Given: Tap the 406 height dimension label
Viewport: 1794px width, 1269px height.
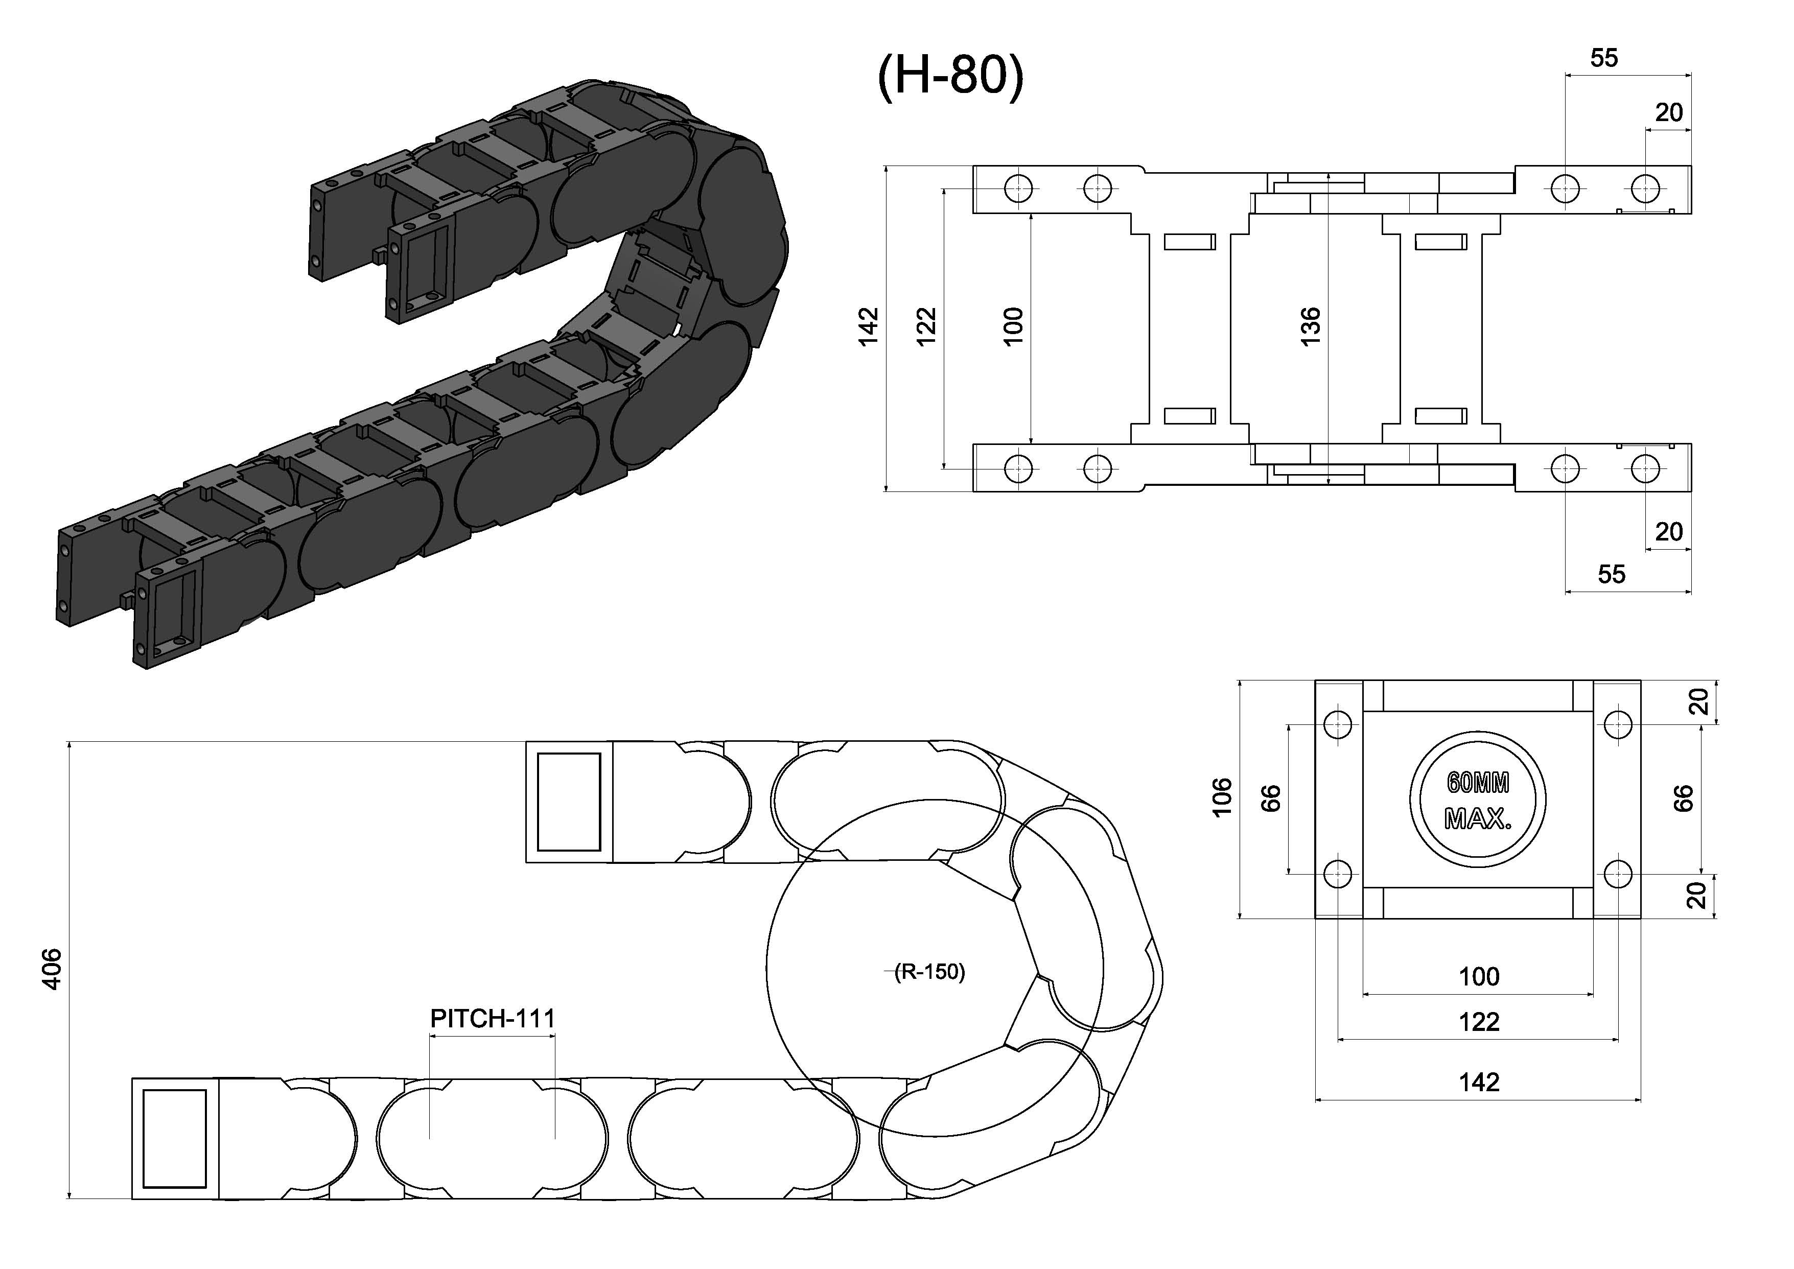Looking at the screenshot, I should point(52,969).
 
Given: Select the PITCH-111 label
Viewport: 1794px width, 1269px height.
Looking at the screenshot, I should point(492,1019).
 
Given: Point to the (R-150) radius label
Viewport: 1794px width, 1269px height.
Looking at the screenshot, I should point(930,972).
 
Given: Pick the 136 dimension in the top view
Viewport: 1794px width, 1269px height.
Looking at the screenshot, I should point(1310,326).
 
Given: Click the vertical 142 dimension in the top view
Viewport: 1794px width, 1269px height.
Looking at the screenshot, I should point(868,326).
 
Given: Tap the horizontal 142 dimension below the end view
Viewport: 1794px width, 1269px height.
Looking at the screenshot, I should point(1479,1082).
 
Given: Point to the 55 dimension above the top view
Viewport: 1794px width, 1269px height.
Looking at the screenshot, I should point(1604,58).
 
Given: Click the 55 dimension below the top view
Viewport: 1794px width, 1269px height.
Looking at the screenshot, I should point(1611,574).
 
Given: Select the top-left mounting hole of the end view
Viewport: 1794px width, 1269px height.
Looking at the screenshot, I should point(1338,724).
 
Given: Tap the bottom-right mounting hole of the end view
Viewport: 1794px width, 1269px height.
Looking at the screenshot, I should point(1617,874).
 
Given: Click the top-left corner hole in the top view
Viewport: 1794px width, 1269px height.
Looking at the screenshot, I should point(1018,189).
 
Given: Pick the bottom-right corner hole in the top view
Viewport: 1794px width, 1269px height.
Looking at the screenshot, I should point(1645,469).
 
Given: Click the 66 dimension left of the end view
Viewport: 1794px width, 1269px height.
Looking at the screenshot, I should point(1271,798).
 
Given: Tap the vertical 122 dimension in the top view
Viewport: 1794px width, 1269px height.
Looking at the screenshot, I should point(926,326).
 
